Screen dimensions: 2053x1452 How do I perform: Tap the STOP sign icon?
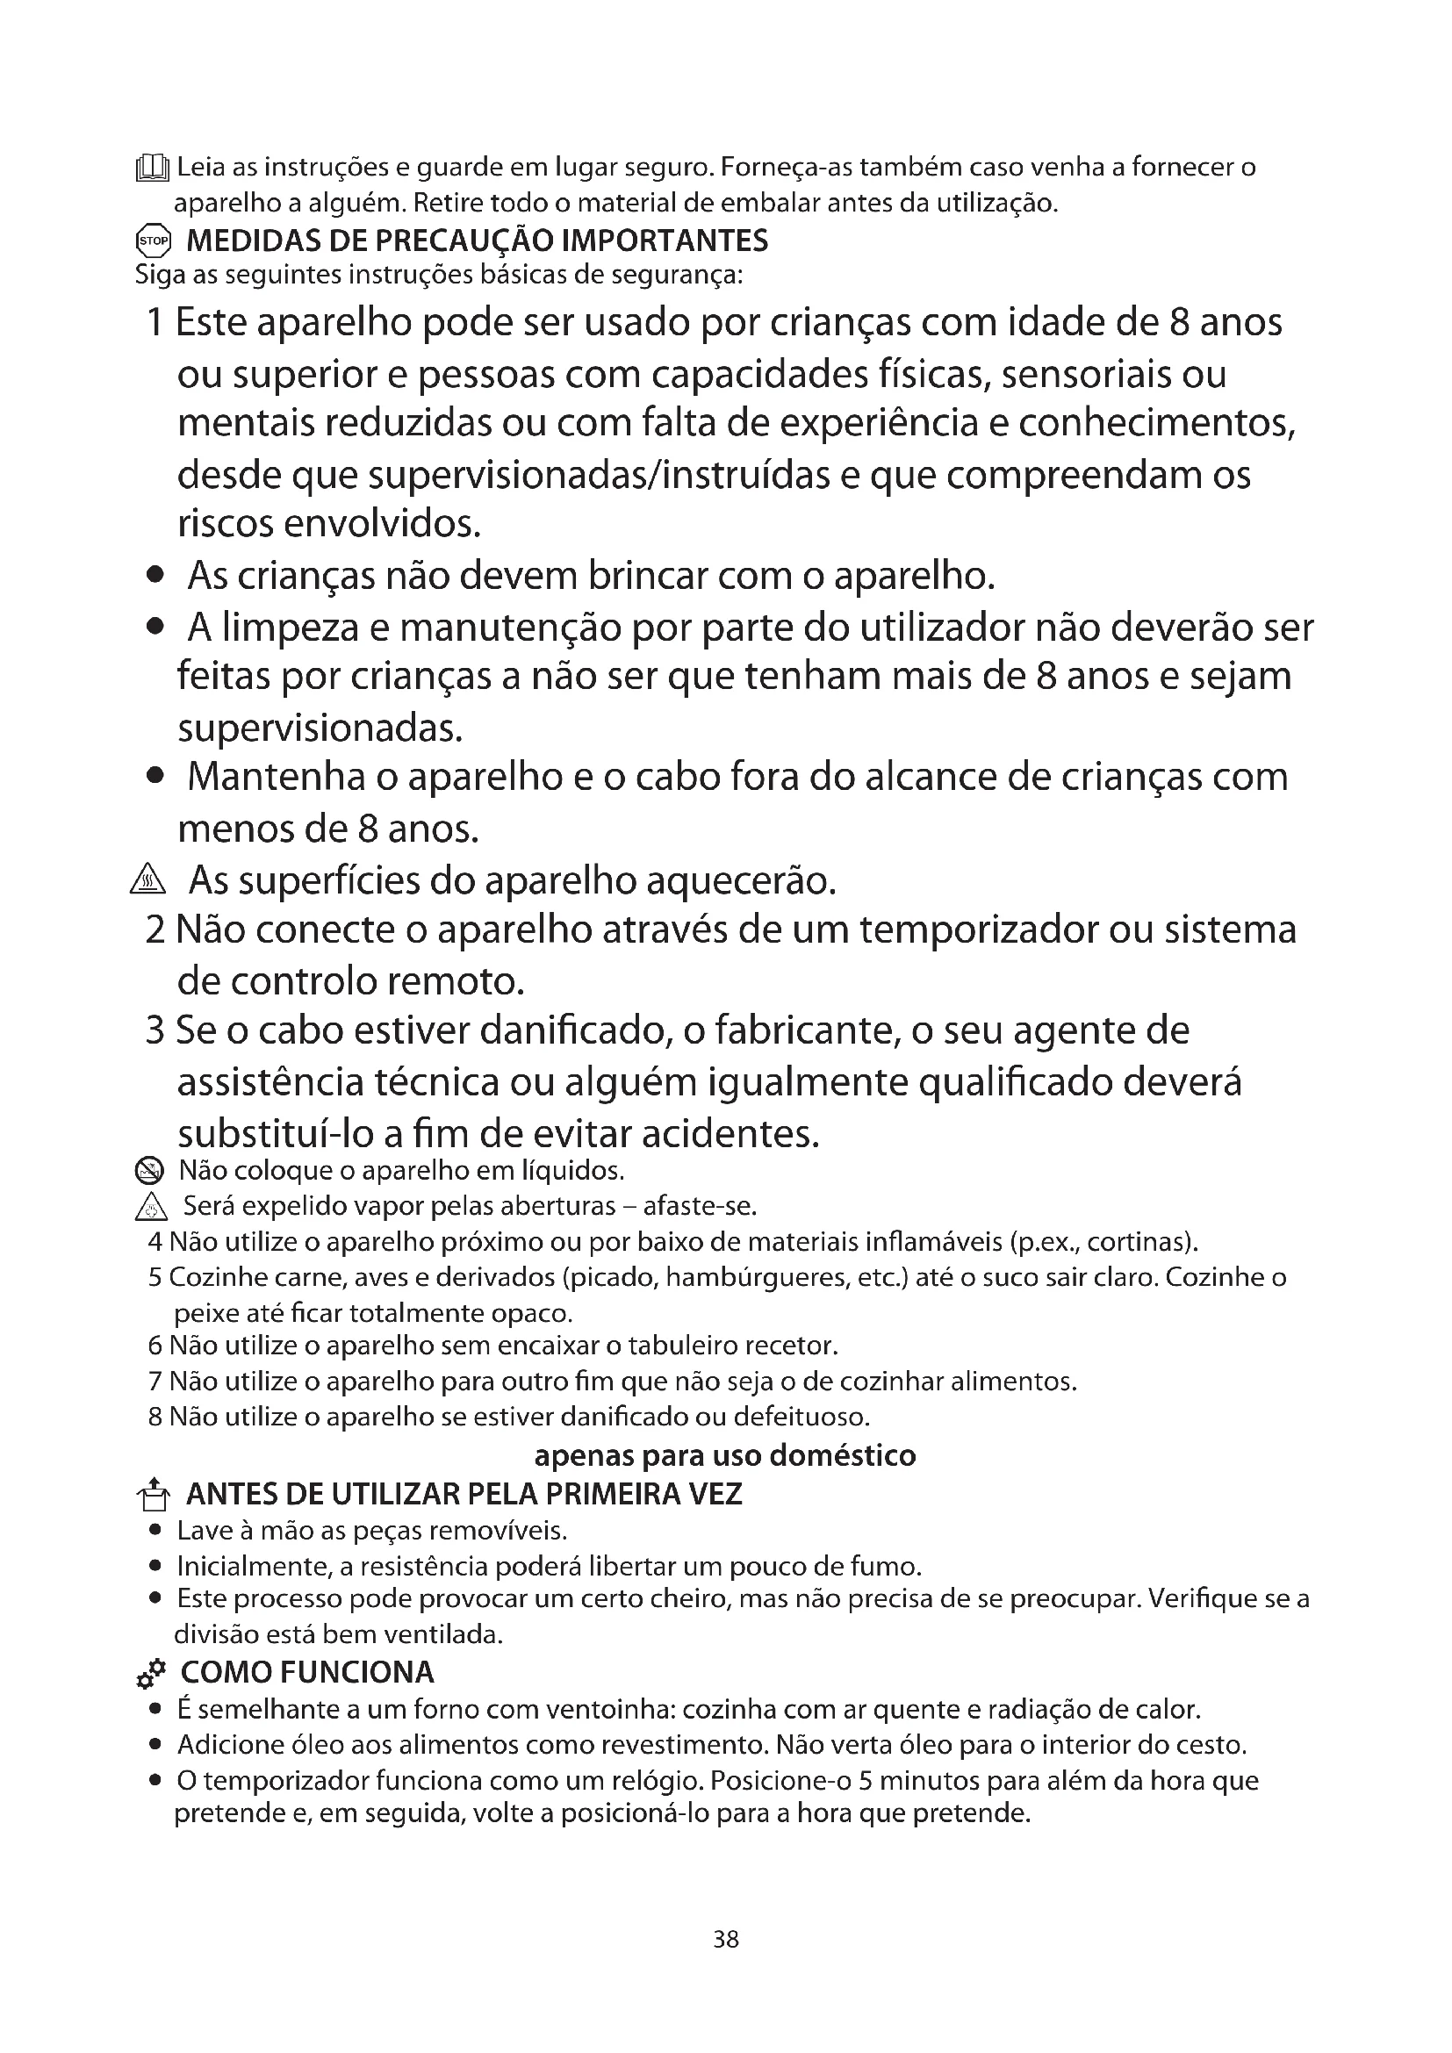click(152, 240)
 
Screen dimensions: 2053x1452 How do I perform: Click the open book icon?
click(152, 169)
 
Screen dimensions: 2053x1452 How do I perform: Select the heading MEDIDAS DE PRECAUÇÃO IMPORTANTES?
click(476, 240)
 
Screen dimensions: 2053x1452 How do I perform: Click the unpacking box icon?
click(152, 1494)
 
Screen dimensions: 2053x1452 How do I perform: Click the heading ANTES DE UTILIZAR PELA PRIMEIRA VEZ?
click(464, 1494)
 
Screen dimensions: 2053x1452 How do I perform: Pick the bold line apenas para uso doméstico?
click(725, 1455)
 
